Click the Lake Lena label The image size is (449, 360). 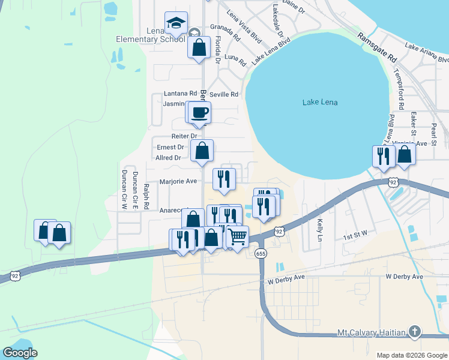pos(320,103)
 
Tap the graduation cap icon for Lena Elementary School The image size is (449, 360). pos(176,23)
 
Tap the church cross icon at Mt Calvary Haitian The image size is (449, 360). pos(415,332)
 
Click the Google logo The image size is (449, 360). pos(20,352)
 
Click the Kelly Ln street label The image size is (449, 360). pos(320,230)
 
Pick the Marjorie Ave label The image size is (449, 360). pos(178,181)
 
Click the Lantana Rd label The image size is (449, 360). pos(181,94)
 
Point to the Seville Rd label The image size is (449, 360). pos(224,94)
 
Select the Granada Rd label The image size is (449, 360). pos(225,32)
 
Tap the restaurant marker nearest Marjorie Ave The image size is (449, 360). pos(224,178)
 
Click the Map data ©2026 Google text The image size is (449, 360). pos(412,355)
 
